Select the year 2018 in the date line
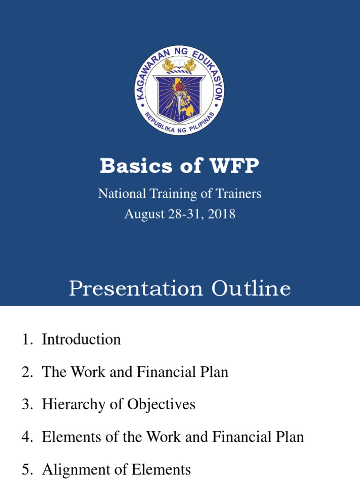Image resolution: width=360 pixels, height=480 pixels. point(220,214)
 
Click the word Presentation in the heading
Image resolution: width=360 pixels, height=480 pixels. point(136,289)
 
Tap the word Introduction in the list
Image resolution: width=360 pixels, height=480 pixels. point(81,339)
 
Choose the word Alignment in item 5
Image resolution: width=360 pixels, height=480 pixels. point(71,469)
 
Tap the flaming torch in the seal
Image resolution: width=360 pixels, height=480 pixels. point(179,91)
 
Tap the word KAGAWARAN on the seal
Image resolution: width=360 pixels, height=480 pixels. point(149,75)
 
